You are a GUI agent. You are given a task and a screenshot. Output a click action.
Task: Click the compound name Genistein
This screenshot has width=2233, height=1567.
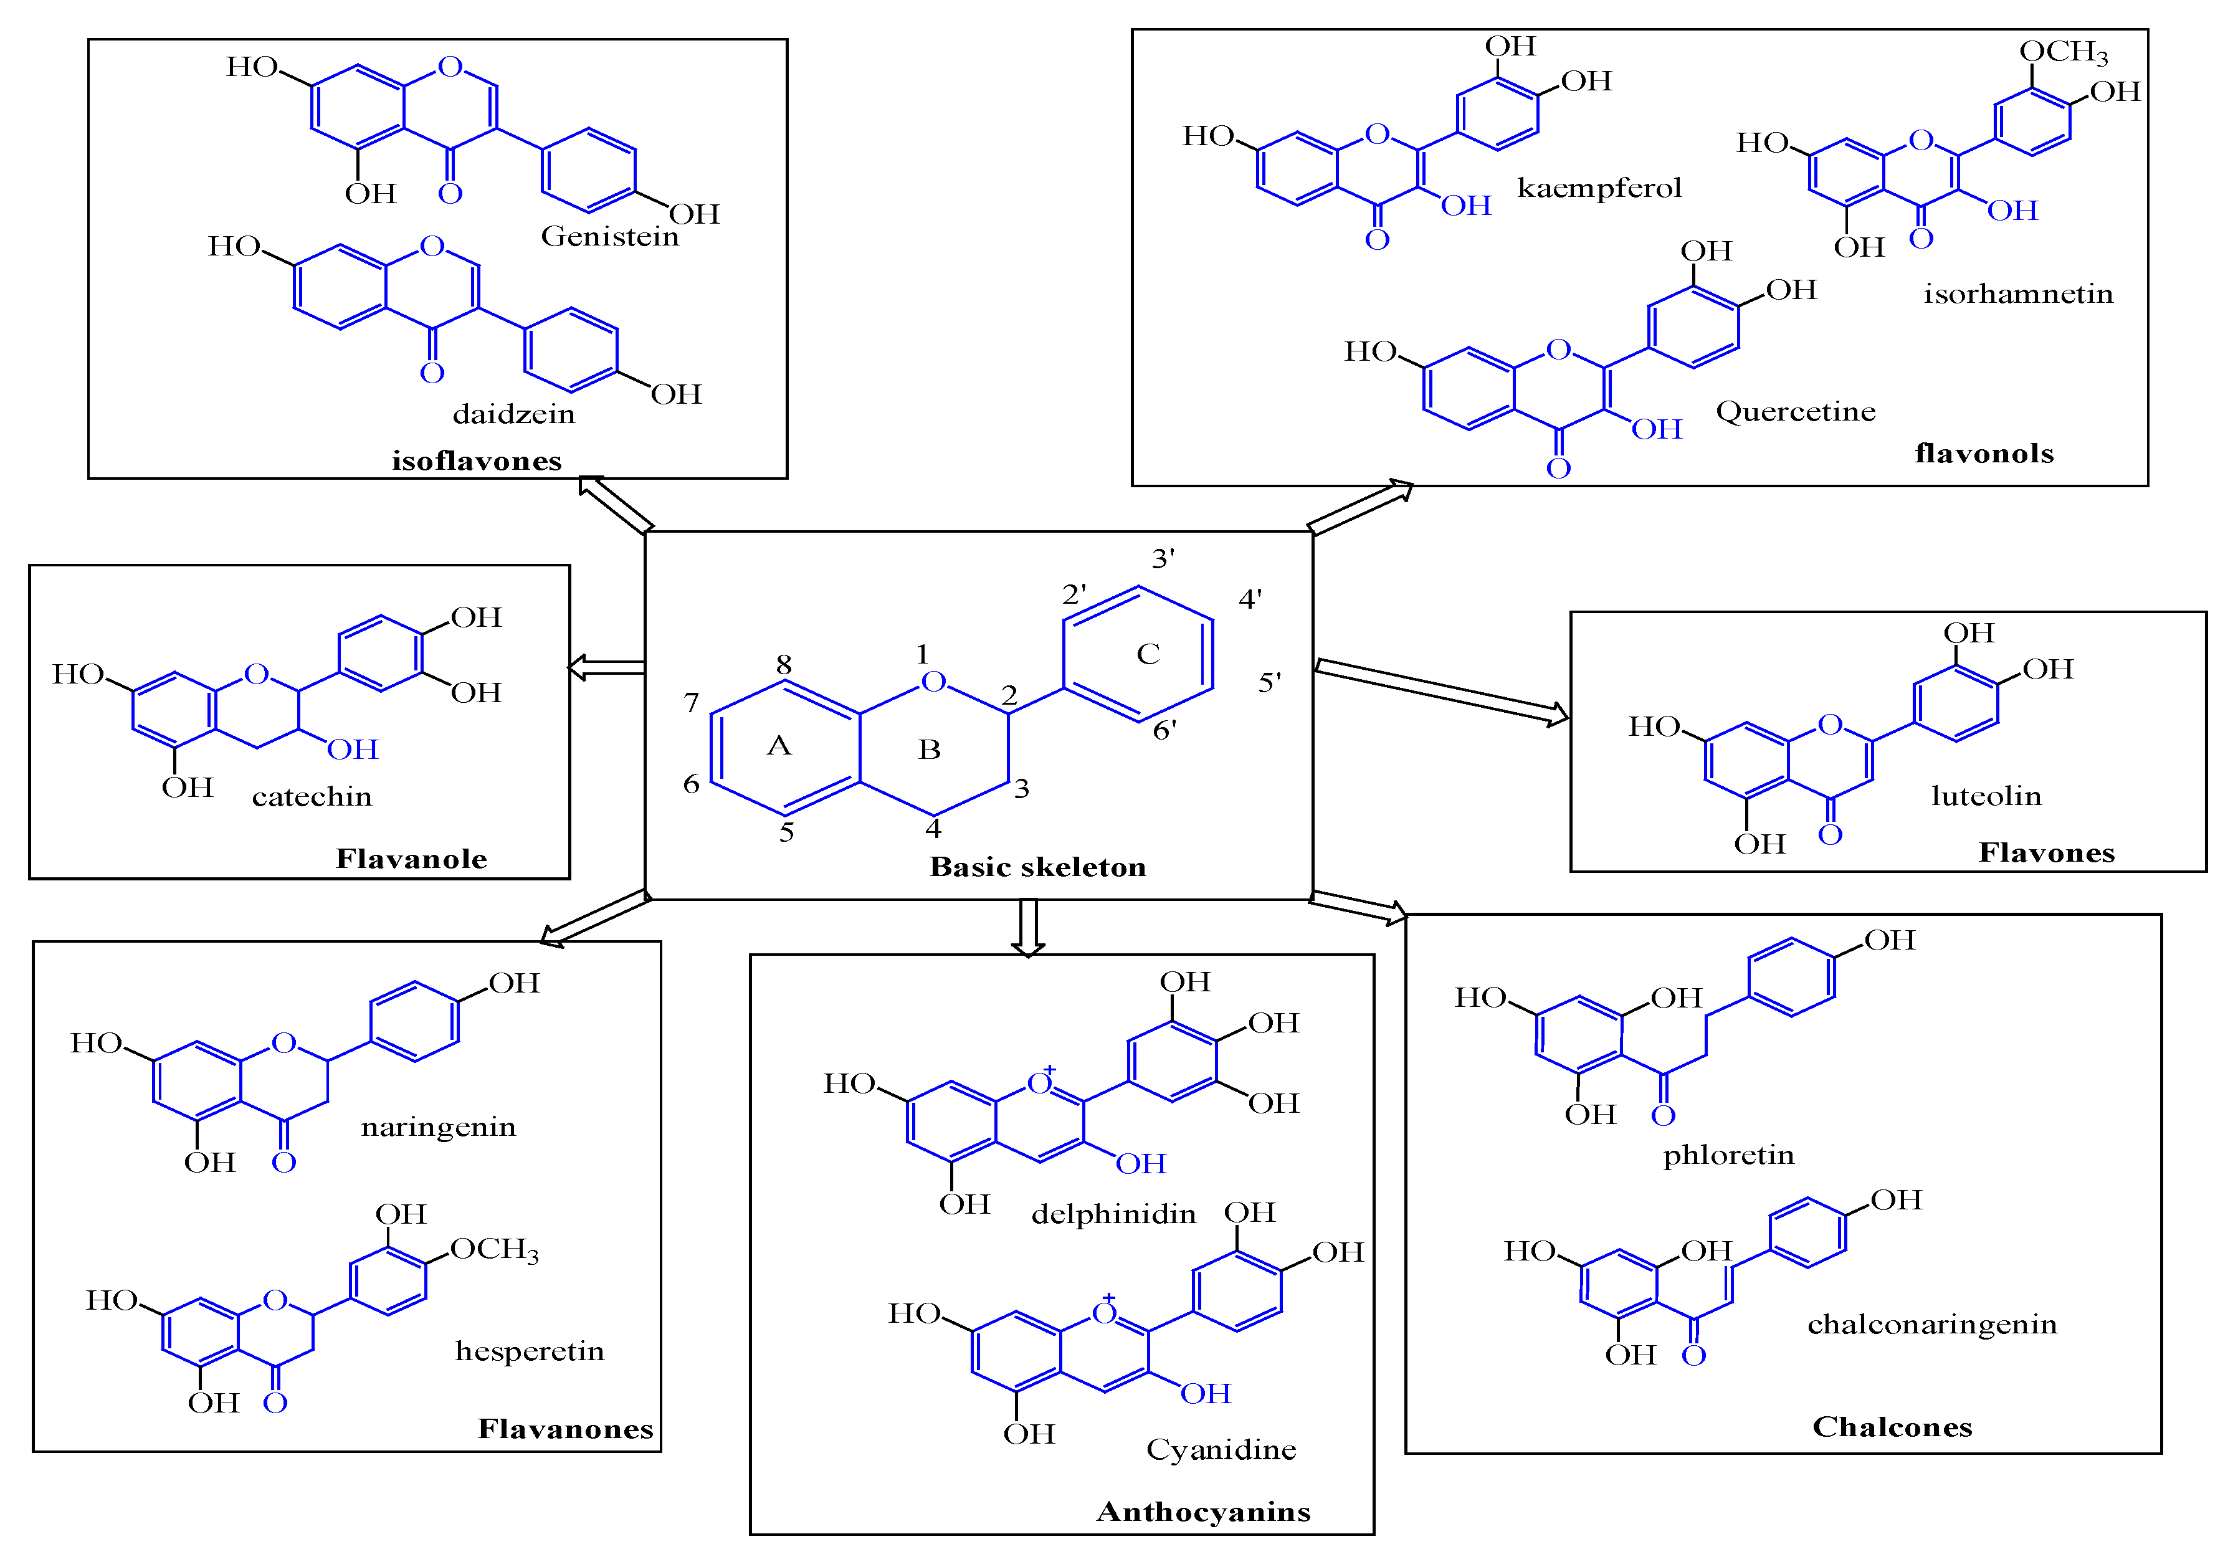tap(610, 236)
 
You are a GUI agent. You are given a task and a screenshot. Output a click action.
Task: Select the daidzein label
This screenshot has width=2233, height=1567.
tap(513, 414)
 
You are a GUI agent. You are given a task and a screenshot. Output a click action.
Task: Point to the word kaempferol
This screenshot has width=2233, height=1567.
tap(1599, 188)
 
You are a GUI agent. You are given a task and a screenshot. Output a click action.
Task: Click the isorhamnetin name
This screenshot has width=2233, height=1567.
tap(2018, 293)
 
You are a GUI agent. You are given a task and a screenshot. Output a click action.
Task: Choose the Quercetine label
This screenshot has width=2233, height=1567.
tap(1796, 411)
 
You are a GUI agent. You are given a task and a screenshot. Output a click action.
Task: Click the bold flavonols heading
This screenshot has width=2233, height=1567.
tap(1984, 453)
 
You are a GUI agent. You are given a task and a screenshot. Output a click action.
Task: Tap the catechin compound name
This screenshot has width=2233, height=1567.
tap(312, 797)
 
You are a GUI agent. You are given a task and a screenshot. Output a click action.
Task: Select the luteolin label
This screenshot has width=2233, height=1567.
tap(1986, 796)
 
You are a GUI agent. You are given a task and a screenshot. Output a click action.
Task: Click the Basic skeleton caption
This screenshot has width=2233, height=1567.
tap(1038, 867)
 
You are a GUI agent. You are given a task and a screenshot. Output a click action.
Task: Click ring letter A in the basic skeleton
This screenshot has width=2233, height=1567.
tap(779, 746)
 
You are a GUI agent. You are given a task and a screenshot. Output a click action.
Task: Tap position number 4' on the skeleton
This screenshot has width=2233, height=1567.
tap(1250, 599)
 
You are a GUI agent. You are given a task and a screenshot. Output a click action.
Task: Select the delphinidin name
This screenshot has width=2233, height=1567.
tap(1113, 1214)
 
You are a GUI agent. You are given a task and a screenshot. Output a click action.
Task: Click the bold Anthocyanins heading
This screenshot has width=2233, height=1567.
tap(1203, 1512)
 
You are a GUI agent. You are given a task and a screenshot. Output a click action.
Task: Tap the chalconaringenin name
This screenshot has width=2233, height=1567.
tap(1931, 1325)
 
